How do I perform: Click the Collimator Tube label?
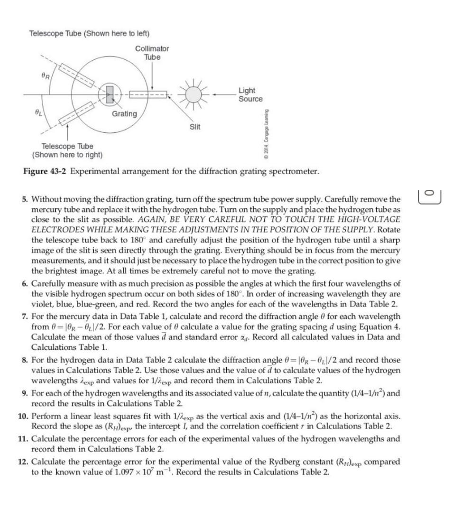coord(152,53)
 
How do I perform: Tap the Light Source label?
coord(250,94)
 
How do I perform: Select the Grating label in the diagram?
coord(124,114)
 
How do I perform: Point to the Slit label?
coord(195,127)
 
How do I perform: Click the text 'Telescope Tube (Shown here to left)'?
coord(89,33)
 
